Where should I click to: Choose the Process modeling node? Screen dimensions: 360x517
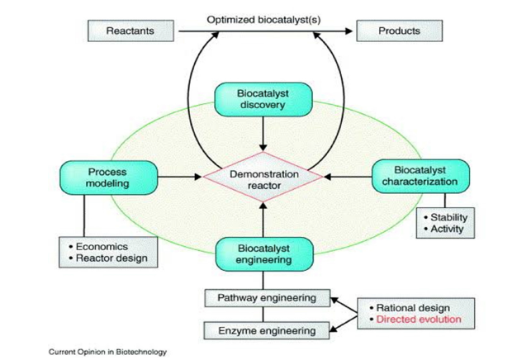point(107,176)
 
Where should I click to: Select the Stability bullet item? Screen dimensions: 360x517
point(447,219)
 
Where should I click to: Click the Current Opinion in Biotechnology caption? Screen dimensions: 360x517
point(107,352)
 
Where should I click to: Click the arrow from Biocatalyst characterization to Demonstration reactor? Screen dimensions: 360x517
point(346,176)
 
